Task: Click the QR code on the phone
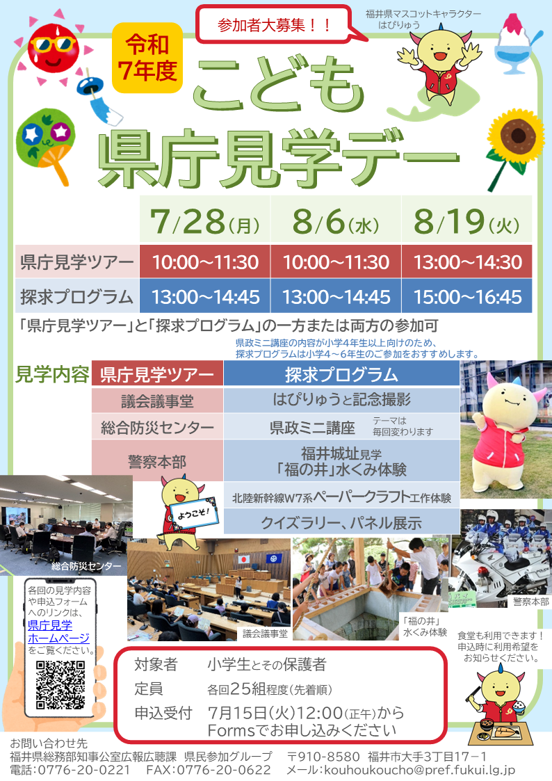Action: (x=60, y=684)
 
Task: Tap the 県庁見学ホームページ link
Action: (x=58, y=631)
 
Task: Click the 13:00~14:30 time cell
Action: (x=467, y=261)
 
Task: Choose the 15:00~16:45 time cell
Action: (x=467, y=296)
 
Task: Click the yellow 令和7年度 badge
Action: (x=147, y=58)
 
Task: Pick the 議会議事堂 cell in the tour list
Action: (x=157, y=401)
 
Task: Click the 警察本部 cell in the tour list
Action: (x=157, y=461)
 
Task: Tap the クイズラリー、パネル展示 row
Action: (x=341, y=522)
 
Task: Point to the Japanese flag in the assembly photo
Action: (x=244, y=559)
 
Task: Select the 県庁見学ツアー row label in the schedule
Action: (x=77, y=261)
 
